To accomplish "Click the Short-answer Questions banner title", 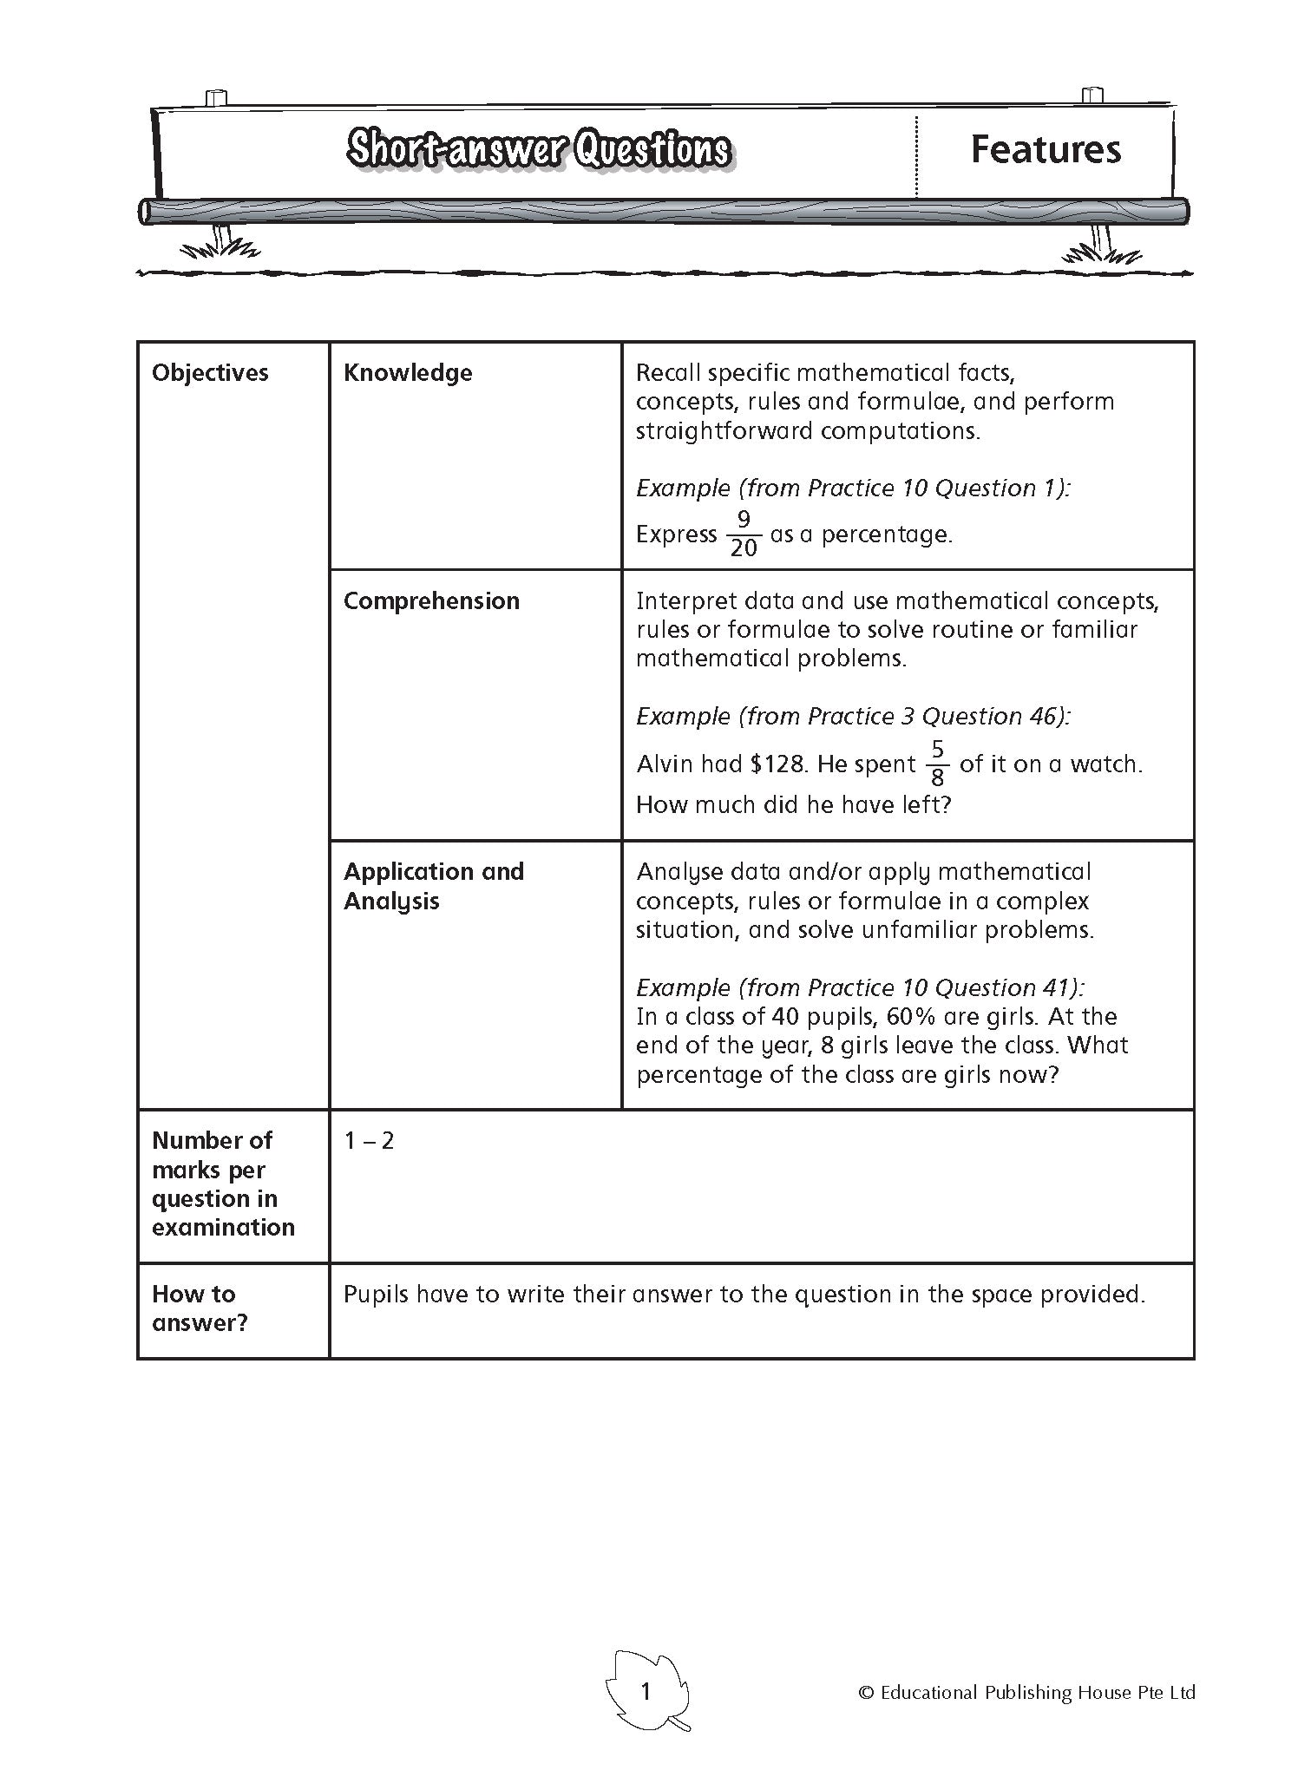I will click(538, 150).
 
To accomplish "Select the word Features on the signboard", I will click(1046, 149).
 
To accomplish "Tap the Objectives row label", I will click(210, 373).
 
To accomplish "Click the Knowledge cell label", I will click(408, 373).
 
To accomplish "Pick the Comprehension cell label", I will click(431, 600).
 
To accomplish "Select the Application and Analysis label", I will click(433, 886).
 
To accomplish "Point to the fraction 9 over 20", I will click(744, 534).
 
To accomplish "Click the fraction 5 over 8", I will click(937, 763).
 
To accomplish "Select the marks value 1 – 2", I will click(369, 1140).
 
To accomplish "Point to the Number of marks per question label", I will click(222, 1184).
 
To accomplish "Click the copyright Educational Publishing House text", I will click(1026, 1692).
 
